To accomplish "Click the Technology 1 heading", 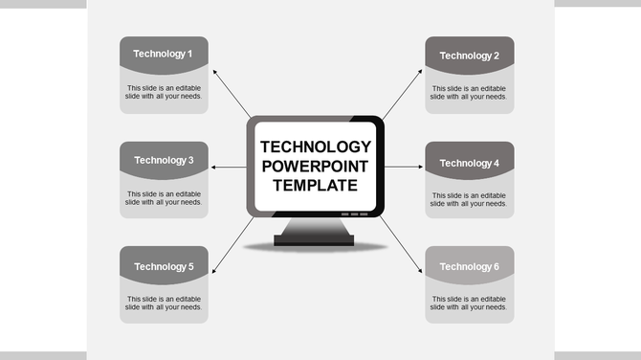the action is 164,54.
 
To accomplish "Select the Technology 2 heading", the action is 469,56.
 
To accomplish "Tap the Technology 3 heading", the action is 164,160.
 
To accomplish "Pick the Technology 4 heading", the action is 469,163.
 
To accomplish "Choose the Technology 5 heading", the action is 164,266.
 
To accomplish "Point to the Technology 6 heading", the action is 469,266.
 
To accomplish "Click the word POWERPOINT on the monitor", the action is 316,167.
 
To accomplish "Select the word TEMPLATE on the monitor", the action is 316,186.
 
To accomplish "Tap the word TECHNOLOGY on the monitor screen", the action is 316,147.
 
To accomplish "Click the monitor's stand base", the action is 315,238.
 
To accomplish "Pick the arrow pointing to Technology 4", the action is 403,168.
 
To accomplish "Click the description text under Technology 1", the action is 164,92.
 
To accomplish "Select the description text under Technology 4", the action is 469,199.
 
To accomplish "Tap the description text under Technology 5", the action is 164,303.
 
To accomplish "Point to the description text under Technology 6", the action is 469,303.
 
